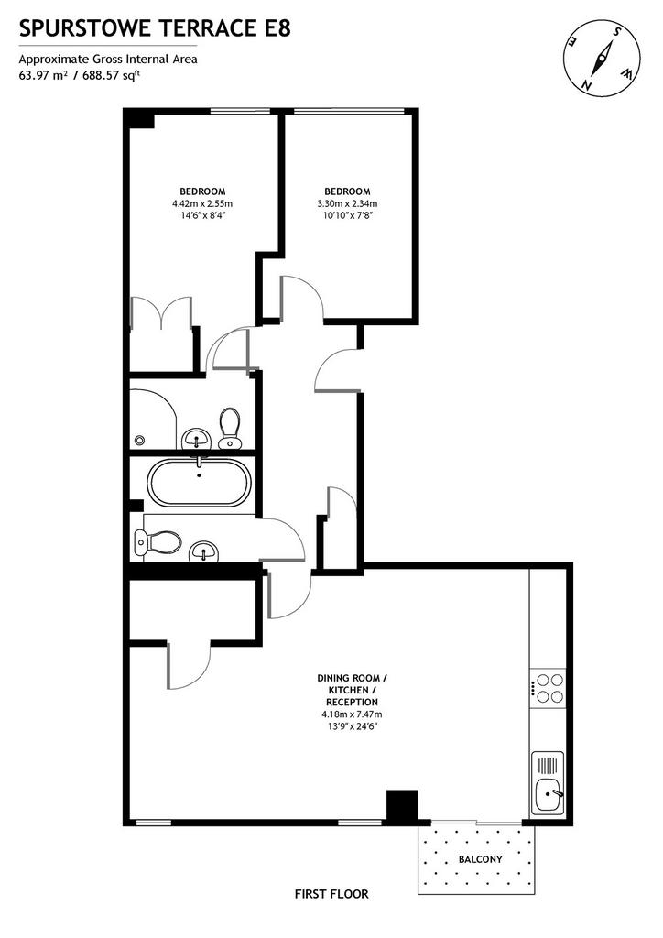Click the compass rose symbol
pos(602,59)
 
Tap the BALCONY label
pos(480,859)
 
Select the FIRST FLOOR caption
pos(331,894)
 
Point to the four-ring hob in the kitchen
pos(549,687)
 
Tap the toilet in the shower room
pos(229,428)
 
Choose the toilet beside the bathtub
pos(158,543)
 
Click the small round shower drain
pos(140,440)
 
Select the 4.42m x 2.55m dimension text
pos(202,203)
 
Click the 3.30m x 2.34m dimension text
pos(347,203)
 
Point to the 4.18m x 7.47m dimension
pos(353,714)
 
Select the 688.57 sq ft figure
pos(112,75)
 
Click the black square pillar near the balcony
pos(402,805)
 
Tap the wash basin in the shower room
pos(195,439)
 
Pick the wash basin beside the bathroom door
pos(204,552)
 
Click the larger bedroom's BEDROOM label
pos(202,191)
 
